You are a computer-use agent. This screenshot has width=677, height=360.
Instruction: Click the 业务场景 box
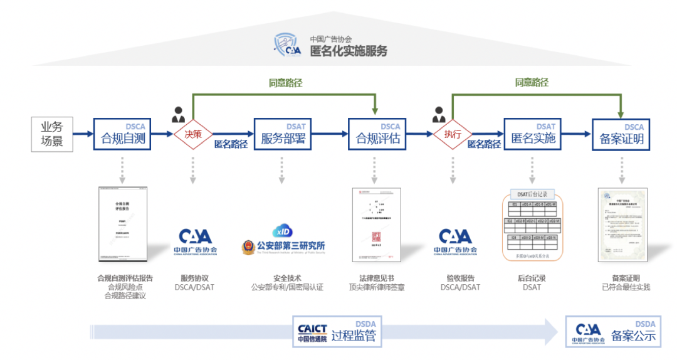[x=52, y=134]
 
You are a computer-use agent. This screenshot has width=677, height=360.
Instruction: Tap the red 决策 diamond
[x=192, y=134]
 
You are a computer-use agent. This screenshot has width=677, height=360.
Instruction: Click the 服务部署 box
[x=283, y=134]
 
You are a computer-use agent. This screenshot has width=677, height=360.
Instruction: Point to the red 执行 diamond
[x=453, y=134]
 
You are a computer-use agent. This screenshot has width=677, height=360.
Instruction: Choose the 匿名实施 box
[x=533, y=134]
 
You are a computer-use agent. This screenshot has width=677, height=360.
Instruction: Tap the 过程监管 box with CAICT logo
[x=338, y=332]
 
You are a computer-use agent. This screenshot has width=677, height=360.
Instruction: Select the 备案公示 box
[x=612, y=332]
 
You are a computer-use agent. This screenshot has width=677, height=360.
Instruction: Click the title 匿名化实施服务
[x=349, y=51]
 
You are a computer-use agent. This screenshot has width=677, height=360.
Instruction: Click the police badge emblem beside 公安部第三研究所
[x=248, y=246]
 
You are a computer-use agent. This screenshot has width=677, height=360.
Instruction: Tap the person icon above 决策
[x=178, y=115]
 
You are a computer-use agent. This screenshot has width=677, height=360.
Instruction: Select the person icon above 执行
[x=439, y=115]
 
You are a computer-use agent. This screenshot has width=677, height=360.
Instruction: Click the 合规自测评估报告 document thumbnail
[x=123, y=224]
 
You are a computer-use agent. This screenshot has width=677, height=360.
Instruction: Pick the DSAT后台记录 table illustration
[x=532, y=225]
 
